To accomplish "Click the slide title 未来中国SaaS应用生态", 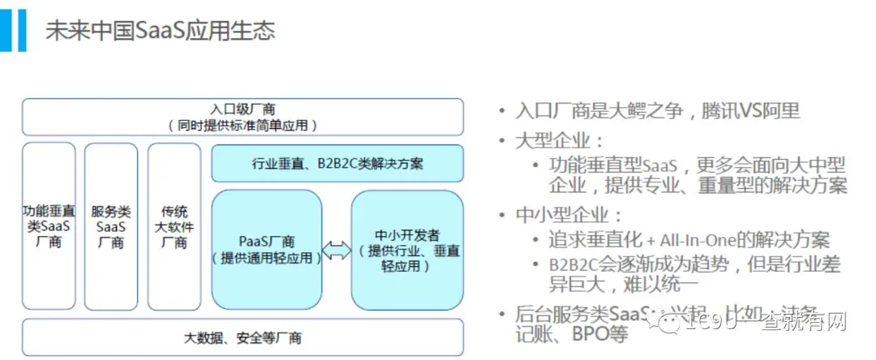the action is tap(160, 31).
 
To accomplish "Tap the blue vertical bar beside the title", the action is tap(12, 30).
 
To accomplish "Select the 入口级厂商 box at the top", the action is tap(243, 117).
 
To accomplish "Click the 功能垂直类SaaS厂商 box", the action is tap(49, 226).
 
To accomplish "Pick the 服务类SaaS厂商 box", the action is tap(111, 226).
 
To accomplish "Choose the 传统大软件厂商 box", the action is tap(174, 226).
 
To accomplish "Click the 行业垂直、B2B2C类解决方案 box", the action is tap(337, 163).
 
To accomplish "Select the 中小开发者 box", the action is tap(407, 250).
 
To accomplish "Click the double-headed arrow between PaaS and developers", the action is tap(336, 251).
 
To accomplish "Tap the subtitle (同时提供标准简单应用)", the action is tap(243, 125).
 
